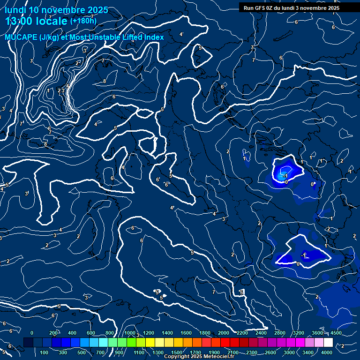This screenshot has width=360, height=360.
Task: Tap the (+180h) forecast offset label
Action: [83, 21]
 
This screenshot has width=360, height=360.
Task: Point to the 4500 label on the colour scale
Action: [336, 333]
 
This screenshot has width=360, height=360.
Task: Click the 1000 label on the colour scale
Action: [130, 333]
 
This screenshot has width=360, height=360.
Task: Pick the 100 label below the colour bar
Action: [44, 352]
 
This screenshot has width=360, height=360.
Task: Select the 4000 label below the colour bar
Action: [327, 352]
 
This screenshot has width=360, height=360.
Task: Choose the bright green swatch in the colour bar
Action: [140, 343]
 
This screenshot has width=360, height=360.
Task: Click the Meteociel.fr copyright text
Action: [199, 357]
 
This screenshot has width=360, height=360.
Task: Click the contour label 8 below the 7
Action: [105, 82]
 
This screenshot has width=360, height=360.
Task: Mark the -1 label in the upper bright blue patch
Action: [285, 176]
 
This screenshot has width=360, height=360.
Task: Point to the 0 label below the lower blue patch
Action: [298, 264]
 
